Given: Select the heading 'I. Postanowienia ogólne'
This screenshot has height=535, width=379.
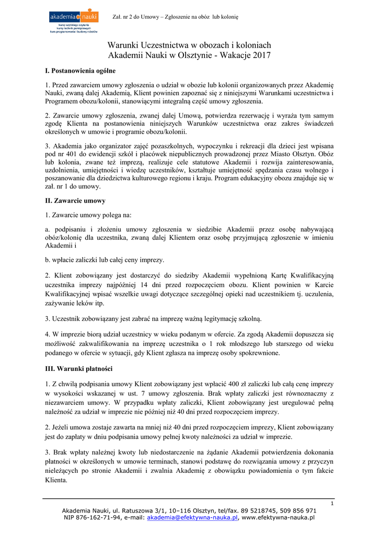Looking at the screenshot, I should pos(81,71).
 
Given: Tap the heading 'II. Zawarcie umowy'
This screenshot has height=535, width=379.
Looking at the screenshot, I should pos(75,201).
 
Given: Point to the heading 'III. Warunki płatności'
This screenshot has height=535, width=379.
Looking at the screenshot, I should pos(79,369).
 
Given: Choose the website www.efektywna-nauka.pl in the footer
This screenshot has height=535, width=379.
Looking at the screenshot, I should pos(278,517).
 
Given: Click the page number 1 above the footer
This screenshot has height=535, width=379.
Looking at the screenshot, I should pos(332,503).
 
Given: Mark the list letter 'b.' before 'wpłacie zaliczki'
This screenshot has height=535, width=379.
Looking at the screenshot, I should pos(48,260).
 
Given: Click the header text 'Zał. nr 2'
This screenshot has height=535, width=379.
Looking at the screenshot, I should pos(125,17).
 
